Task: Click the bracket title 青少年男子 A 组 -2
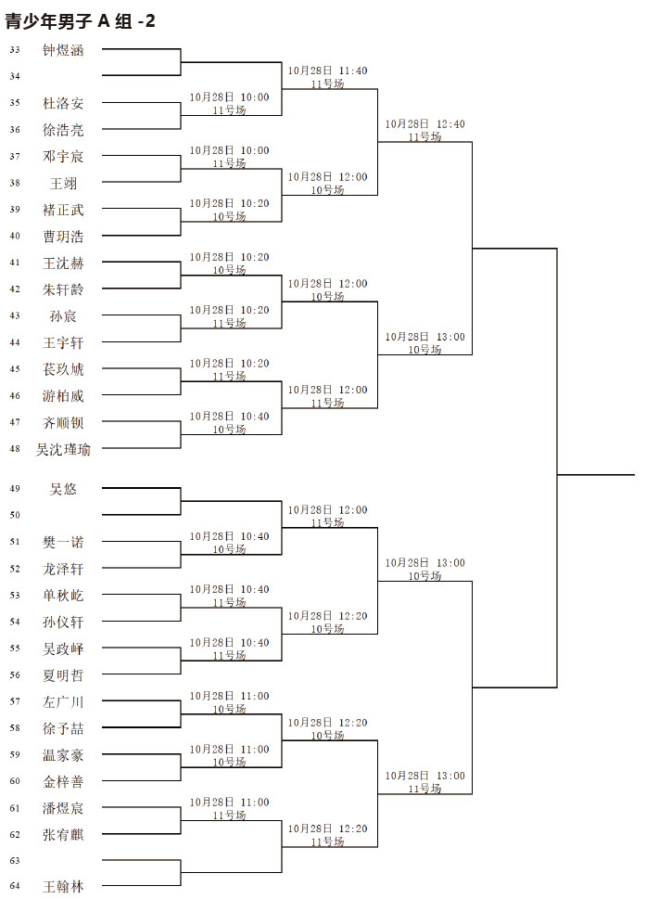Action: [80, 21]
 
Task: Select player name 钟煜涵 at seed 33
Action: [63, 50]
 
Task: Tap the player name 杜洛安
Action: [63, 103]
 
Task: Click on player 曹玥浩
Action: [63, 237]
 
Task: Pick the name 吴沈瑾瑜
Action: [63, 449]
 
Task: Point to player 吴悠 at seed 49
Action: [63, 489]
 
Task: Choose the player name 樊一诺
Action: [63, 543]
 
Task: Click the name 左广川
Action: [63, 701]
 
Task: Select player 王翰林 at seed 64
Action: [63, 887]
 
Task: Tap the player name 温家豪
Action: [63, 755]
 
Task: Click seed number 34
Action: [15, 76]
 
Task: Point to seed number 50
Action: [15, 516]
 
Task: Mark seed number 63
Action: [15, 861]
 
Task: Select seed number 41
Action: [15, 263]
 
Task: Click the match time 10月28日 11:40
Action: [327, 71]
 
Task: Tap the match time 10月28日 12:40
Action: [424, 123]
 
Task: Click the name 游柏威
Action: [63, 396]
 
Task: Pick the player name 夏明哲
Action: [63, 675]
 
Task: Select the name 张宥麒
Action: [63, 835]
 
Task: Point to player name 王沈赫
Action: [63, 263]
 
